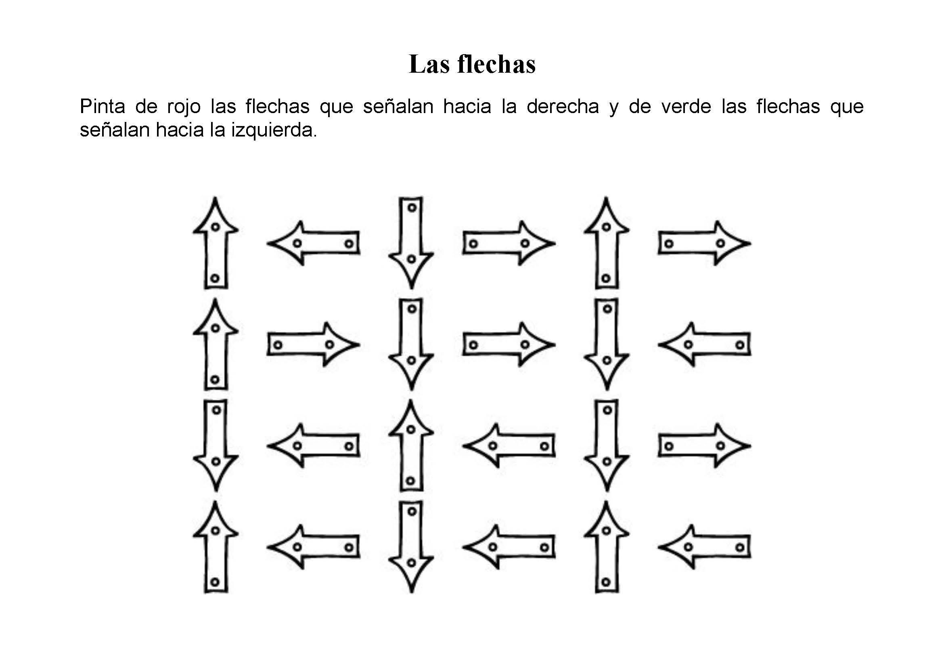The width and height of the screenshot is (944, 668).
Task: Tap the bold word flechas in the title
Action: coord(497,65)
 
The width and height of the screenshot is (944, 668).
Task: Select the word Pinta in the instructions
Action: coord(103,107)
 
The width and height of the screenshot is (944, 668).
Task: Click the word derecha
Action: coord(563,107)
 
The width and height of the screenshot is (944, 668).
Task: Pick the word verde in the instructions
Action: coord(686,107)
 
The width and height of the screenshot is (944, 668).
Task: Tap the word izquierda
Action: coord(274,130)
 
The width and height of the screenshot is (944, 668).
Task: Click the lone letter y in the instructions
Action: coord(614,109)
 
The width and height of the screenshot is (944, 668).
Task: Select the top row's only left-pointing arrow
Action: coord(314,243)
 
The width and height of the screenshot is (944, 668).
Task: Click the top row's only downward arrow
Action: coord(411,243)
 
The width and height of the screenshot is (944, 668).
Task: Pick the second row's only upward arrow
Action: coord(216,344)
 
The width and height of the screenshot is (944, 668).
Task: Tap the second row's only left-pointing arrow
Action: coord(705,344)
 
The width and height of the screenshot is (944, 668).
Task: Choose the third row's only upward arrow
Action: coord(411,445)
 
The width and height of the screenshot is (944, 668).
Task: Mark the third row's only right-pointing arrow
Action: coord(705,445)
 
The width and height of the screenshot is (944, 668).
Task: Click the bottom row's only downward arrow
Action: coord(411,547)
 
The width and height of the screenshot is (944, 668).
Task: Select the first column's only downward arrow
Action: coord(216,445)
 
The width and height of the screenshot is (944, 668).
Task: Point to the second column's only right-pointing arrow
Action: coord(314,344)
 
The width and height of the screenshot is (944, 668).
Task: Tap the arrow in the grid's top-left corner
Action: coord(216,243)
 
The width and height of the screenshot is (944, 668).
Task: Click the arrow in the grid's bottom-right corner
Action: coord(705,547)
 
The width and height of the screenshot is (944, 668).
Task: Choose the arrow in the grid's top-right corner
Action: coord(705,243)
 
